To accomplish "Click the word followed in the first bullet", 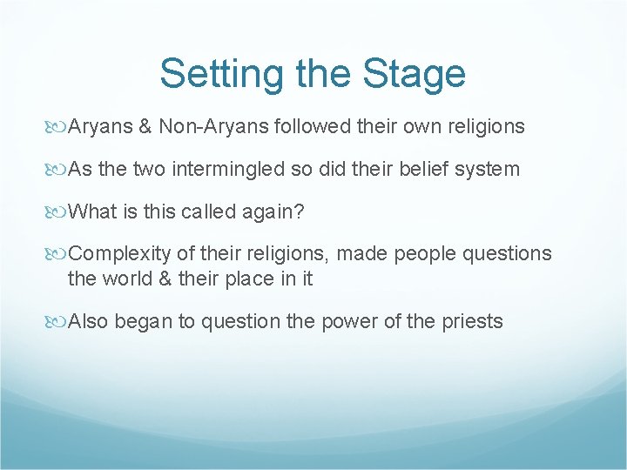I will coord(312,127).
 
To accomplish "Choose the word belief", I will coord(418,169).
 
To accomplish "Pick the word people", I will coord(428,253).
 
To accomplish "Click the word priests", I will coord(471,321).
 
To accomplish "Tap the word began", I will coord(144,321).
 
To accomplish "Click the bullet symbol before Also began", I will coord(59,322).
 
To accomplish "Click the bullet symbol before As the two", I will coord(59,170).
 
